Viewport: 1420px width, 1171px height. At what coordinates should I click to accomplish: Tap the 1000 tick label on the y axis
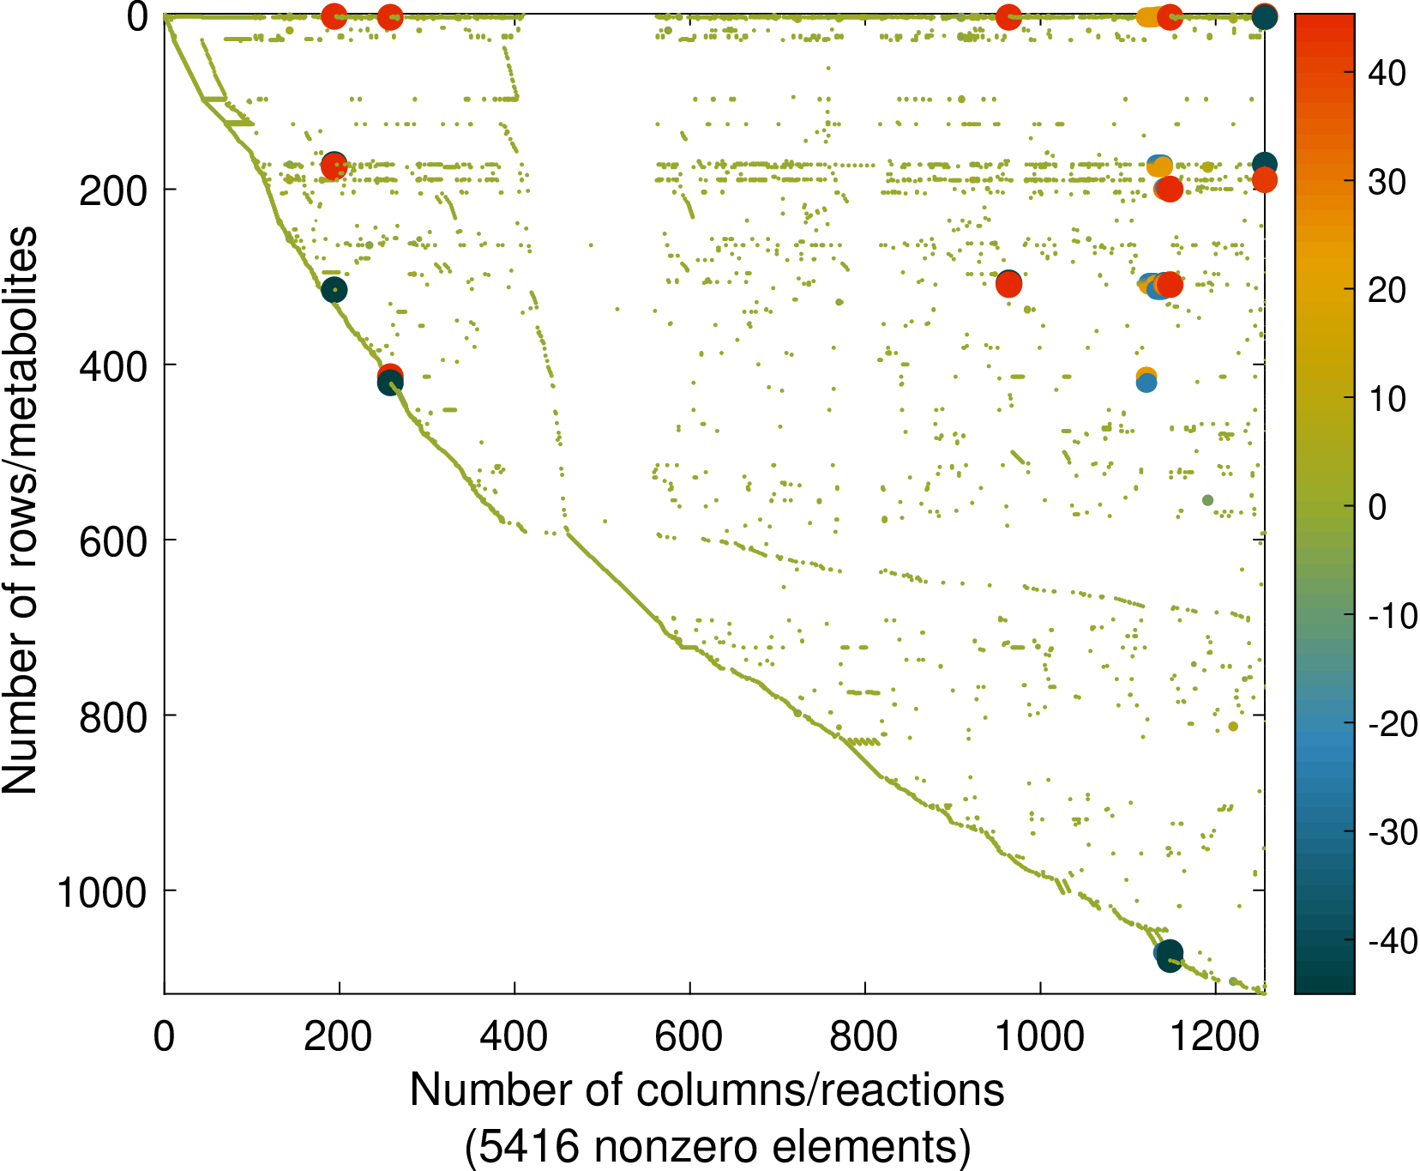pos(102,893)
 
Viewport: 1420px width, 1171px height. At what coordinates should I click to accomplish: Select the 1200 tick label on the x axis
pos(1215,1036)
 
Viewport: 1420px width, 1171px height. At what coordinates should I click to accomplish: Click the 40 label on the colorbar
pos(1387,74)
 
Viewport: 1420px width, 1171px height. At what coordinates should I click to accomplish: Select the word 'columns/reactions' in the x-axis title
pos(820,1091)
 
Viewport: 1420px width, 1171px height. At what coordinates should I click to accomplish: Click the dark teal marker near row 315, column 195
pos(334,291)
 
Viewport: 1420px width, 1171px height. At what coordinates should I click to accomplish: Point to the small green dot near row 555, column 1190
pos(1207,500)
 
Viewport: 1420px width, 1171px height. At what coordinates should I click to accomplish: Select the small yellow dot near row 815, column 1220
pos(1233,727)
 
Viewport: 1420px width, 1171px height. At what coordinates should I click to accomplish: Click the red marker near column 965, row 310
pos(1009,285)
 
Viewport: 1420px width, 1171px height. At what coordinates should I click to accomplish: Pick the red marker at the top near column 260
pos(390,17)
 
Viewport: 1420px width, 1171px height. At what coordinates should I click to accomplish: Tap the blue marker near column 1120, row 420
pos(1146,383)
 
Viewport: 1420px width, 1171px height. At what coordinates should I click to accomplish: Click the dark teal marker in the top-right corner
pos(1265,16)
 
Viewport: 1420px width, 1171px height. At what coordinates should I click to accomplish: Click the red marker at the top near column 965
pos(1009,17)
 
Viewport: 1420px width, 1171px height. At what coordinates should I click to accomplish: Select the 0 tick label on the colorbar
pos(1378,507)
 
